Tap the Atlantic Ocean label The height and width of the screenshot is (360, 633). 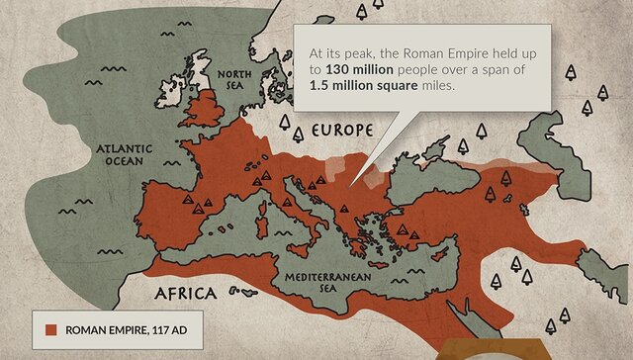pyautogui.click(x=120, y=154)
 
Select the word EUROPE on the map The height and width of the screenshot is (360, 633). pyautogui.click(x=341, y=131)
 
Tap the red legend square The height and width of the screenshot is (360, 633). pyautogui.click(x=47, y=328)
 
